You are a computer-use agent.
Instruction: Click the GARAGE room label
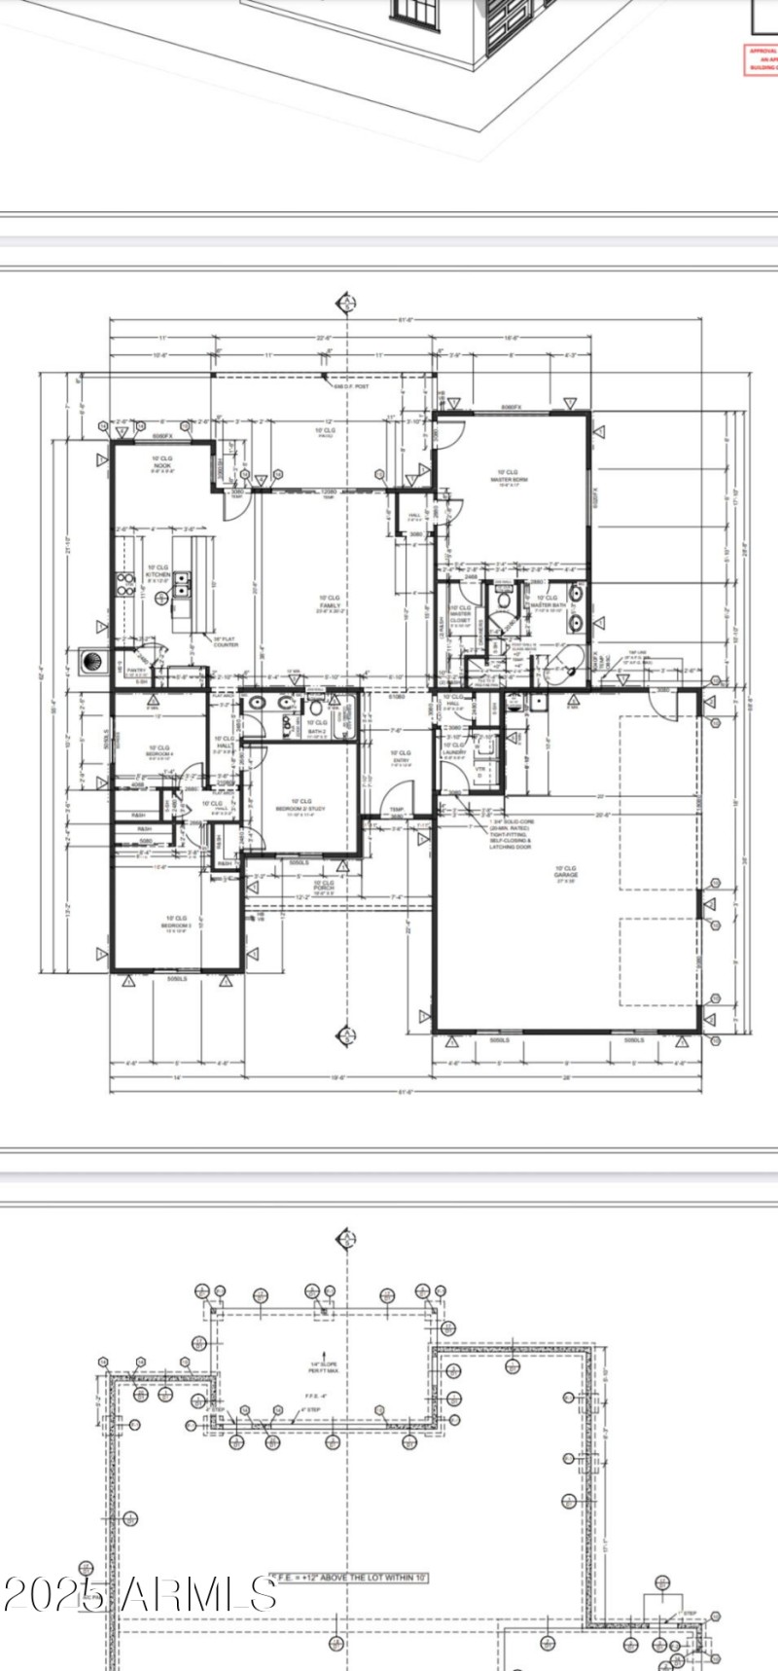click(565, 872)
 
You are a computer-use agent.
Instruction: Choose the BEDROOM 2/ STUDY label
click(301, 806)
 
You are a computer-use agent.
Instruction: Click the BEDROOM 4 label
click(159, 752)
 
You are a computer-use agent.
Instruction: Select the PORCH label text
click(323, 886)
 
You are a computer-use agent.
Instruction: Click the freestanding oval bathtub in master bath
click(559, 666)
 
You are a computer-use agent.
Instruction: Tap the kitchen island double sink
click(182, 583)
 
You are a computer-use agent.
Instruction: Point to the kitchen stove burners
click(125, 583)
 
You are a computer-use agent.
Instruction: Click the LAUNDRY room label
click(454, 749)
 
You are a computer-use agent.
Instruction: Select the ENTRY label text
click(401, 757)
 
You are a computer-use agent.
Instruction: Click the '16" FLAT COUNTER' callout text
click(226, 641)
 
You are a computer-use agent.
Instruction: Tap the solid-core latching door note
click(510, 833)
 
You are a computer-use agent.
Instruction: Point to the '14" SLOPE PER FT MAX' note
click(323, 1367)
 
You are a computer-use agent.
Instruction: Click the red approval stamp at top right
click(761, 58)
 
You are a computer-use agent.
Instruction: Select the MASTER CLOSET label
click(460, 615)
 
